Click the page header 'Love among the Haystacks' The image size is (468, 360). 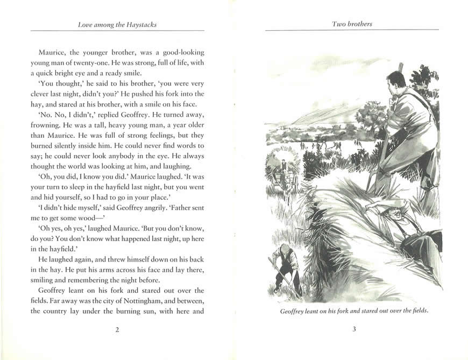pyautogui.click(x=117, y=24)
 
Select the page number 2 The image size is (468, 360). pyautogui.click(x=117, y=329)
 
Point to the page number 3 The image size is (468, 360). pyautogui.click(x=354, y=329)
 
